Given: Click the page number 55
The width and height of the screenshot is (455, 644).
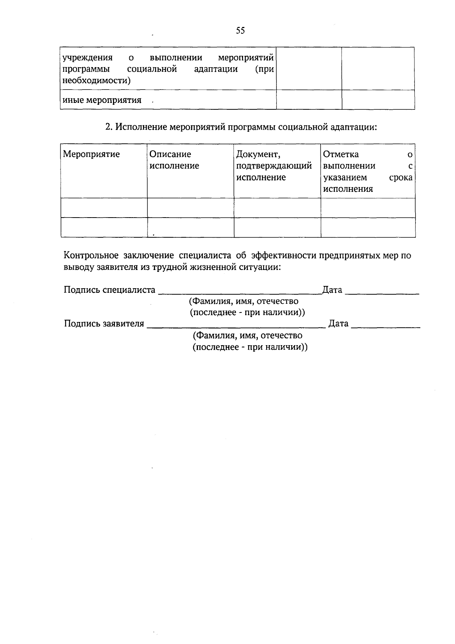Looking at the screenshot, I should coord(240,31).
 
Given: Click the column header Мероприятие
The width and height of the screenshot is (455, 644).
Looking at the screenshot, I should coord(91,154).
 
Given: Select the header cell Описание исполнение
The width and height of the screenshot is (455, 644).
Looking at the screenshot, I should coord(174,160).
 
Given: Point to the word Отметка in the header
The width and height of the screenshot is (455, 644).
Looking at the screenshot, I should coord(340,154).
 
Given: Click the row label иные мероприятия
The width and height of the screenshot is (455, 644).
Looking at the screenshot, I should coord(102,100).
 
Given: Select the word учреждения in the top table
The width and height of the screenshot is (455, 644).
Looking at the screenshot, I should coord(88,58).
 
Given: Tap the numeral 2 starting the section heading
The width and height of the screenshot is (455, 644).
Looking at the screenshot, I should coord(108,127).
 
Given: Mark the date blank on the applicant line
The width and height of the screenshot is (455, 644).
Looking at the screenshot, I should coord(386,327).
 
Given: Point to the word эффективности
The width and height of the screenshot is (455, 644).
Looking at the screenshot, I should coord(284,256).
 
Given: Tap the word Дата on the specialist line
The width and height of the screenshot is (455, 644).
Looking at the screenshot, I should coord(332,290).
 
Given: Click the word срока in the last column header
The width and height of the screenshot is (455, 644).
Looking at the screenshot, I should coord(401,177).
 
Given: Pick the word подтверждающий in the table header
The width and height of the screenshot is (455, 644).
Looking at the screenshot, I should coord(274,166).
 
